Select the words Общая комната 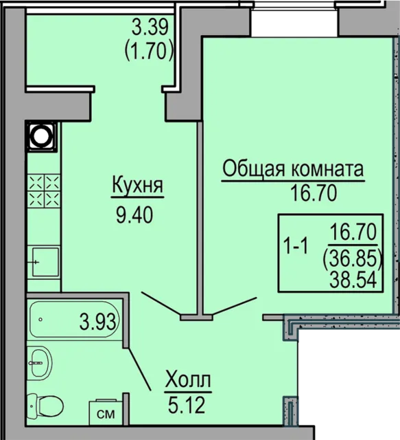point(292,169)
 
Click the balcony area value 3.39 point(152,27)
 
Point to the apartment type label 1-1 point(296,244)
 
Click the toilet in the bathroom point(43,406)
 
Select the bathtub point(74,320)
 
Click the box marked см point(105,413)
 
